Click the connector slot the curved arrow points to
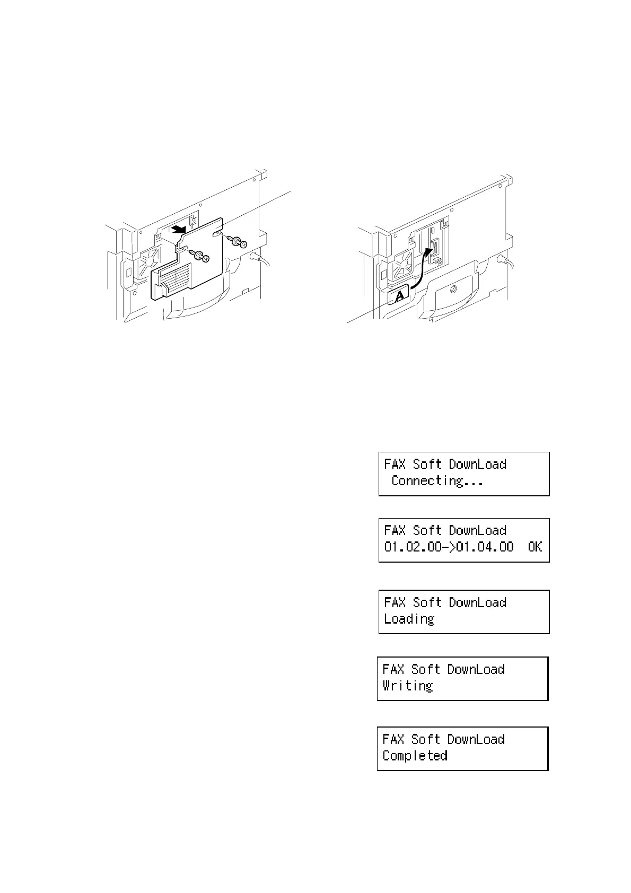tap(435, 249)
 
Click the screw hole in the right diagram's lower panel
tap(452, 289)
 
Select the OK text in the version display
tap(535, 547)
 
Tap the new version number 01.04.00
tap(485, 547)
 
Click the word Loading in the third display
tap(409, 619)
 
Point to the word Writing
tap(408, 686)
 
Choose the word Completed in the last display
tap(415, 756)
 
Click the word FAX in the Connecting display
tap(395, 465)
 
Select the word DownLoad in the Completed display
tap(476, 739)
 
